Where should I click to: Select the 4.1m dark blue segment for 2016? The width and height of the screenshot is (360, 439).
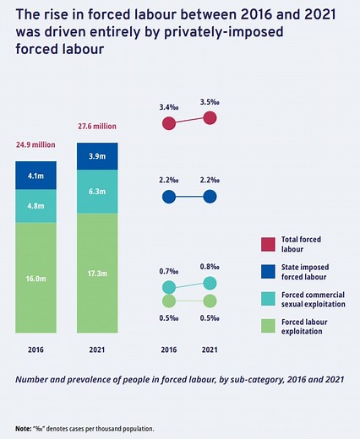[x=36, y=176]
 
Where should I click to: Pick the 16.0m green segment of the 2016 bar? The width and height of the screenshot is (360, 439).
[x=36, y=276]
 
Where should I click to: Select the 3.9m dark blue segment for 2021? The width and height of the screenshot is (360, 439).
[x=97, y=157]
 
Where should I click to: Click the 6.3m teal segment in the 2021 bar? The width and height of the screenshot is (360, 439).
[x=97, y=192]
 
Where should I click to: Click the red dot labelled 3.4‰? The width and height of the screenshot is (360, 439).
[x=169, y=123]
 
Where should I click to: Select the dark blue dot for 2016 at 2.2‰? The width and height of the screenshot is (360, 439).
[x=169, y=198]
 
